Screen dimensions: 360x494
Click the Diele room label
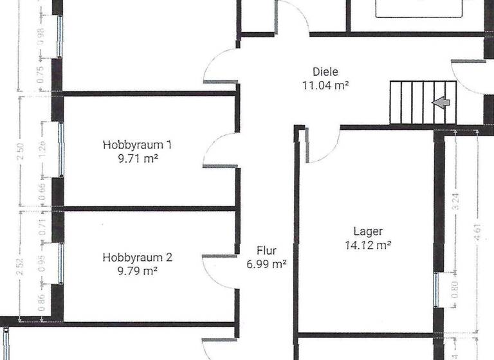[x=325, y=72]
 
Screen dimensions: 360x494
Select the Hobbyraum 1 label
[x=137, y=145]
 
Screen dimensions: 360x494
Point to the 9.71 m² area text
[x=138, y=157]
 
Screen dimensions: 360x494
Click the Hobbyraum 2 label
[x=137, y=258]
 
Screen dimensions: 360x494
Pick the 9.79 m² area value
[x=138, y=271]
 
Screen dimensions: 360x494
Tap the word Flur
[x=267, y=251]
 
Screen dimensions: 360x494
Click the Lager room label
[x=368, y=231]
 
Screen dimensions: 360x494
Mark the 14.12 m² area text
[x=369, y=244]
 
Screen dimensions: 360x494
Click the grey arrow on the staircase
[x=441, y=102]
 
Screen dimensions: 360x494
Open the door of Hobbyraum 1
[x=219, y=151]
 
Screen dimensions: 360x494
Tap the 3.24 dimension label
[x=456, y=203]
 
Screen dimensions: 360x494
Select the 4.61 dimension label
[x=478, y=231]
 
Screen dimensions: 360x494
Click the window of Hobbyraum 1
[x=61, y=150]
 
